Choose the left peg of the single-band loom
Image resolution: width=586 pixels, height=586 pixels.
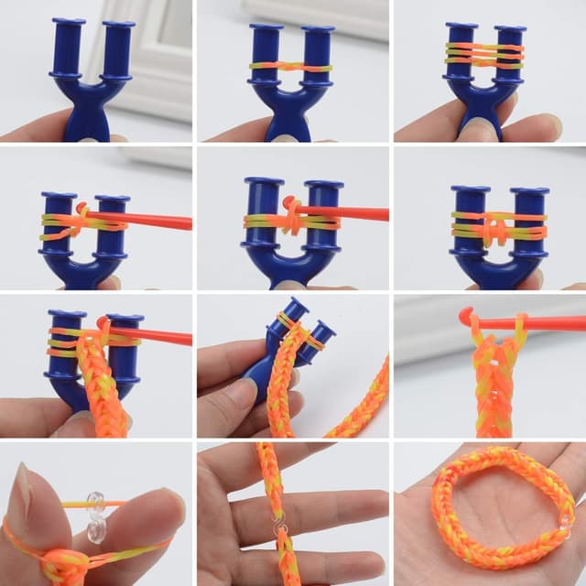pos(266,55)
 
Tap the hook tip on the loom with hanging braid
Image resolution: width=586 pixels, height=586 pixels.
pos(103,322)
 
